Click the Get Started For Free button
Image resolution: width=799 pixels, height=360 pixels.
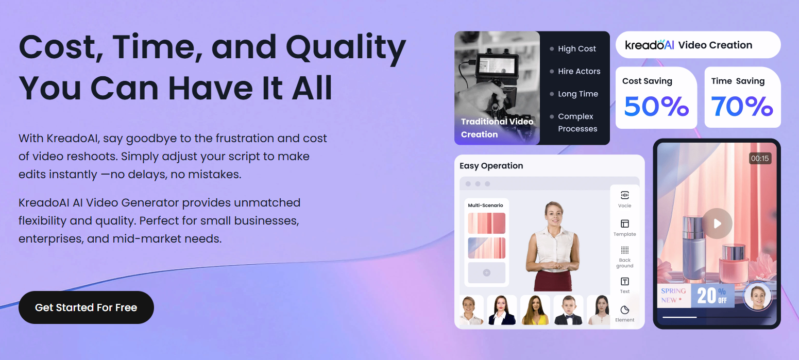[86, 307]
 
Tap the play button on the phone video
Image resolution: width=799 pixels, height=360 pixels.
[717, 224]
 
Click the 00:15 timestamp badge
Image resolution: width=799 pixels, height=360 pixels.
[760, 158]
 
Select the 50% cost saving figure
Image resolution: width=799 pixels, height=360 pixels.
[656, 106]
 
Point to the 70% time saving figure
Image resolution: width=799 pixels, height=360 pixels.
[742, 106]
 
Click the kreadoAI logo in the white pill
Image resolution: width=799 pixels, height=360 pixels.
[649, 45]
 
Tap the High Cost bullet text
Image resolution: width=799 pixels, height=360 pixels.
[577, 49]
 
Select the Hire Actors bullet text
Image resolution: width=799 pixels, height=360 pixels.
[579, 71]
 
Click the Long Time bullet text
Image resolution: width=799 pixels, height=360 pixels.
[578, 94]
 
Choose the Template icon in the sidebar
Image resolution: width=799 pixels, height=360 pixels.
[624, 224]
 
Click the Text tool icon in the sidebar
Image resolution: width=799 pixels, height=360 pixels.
[624, 282]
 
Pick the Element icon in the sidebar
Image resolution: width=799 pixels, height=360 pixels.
[624, 310]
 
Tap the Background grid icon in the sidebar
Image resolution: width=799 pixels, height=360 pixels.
[624, 250]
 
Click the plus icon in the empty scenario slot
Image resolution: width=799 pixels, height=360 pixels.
[486, 272]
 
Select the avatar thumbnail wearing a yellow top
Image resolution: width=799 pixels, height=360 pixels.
[535, 310]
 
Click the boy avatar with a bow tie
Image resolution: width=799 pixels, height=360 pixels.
[568, 310]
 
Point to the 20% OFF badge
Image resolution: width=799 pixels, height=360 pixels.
[712, 296]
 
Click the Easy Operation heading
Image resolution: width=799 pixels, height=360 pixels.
[491, 166]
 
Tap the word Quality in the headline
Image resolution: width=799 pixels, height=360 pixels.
[346, 48]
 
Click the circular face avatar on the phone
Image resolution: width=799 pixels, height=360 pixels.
[758, 296]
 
